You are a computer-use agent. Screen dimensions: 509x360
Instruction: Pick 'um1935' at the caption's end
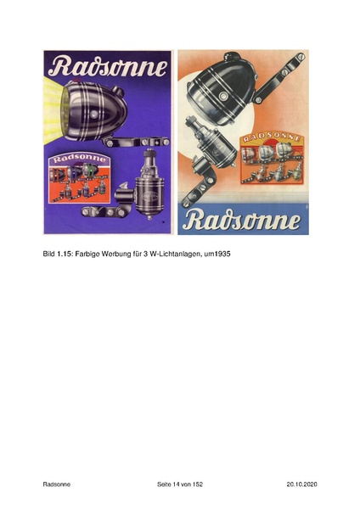218,254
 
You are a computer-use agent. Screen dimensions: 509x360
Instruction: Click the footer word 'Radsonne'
57,484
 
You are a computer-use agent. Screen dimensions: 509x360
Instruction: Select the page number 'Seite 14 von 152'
180,484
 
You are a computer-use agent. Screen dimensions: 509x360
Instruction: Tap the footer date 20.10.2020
301,484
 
